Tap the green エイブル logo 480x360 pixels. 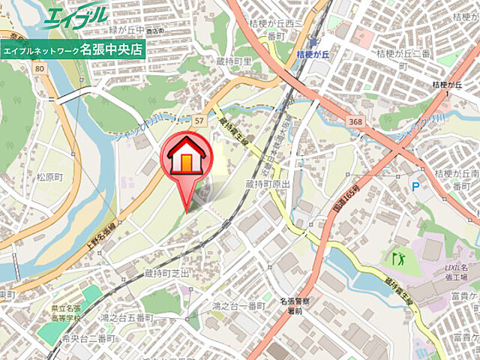[x=75, y=17]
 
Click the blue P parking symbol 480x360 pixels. [x=415, y=184]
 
